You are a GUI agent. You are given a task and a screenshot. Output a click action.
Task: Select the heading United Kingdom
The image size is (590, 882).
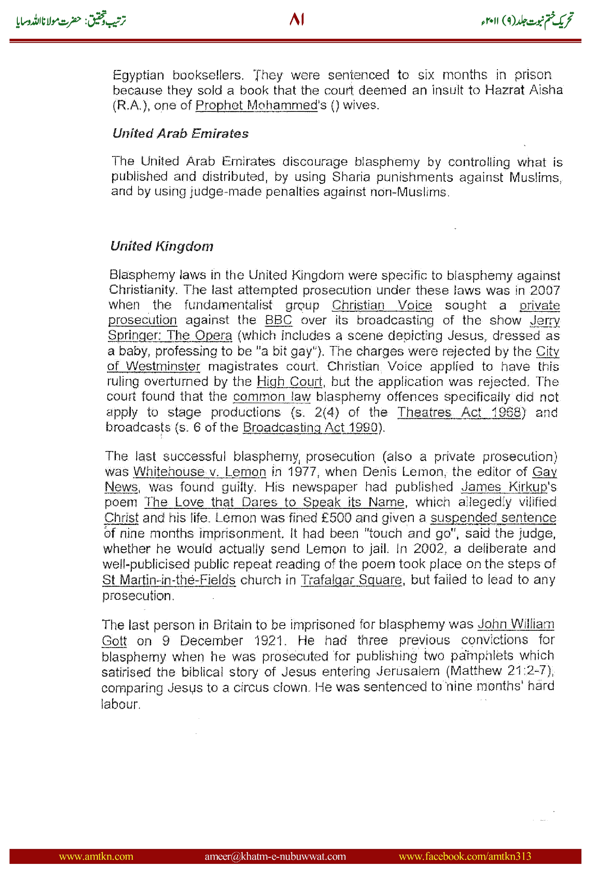162,246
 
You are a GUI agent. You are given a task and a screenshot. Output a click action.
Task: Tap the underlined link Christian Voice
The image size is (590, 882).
382,305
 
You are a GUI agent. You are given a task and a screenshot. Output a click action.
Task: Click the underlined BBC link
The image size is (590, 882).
278,320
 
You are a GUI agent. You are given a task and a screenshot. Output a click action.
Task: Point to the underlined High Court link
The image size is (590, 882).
289,381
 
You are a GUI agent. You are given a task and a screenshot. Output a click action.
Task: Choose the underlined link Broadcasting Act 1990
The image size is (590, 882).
311,427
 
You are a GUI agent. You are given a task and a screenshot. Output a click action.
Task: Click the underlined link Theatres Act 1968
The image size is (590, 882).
459,412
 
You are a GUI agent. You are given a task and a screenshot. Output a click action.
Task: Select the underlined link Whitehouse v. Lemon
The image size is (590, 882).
200,471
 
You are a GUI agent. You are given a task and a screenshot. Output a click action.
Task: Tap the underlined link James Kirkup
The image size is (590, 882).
504,487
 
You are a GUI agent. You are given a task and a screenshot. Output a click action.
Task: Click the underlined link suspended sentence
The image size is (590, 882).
493,517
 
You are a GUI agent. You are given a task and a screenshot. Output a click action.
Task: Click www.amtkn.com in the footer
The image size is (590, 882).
96,856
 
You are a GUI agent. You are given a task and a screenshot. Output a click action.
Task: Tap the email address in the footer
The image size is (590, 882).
275,856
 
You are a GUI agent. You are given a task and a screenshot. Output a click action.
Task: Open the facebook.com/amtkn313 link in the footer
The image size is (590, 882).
465,856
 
